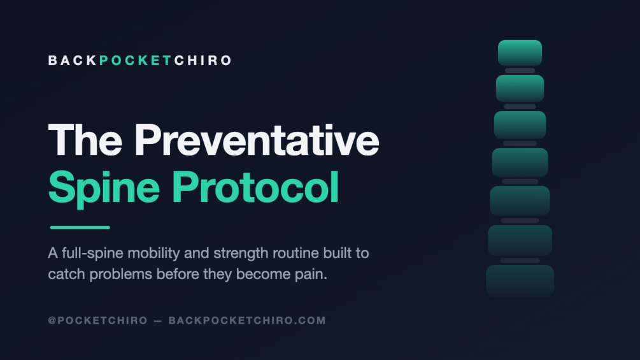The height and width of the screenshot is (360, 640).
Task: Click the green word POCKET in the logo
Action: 135,61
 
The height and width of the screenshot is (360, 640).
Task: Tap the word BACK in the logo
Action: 72,61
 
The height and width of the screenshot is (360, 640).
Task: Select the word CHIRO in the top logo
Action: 203,61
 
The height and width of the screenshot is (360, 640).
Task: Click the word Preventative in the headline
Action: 257,140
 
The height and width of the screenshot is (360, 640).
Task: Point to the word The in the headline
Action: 85,140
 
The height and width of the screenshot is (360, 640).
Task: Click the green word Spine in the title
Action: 104,188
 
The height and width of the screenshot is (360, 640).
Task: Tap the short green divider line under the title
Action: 80,227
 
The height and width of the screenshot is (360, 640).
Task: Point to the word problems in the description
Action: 121,274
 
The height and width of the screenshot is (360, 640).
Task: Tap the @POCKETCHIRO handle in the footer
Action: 98,320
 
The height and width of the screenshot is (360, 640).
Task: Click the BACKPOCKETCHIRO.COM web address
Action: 247,320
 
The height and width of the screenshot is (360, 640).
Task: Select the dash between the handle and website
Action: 158,321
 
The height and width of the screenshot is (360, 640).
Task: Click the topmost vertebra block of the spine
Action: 520,53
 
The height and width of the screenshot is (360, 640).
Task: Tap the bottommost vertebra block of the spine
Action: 520,280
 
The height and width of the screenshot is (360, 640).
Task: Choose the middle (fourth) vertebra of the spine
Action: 520,162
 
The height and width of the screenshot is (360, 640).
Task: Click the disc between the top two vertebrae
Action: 520,71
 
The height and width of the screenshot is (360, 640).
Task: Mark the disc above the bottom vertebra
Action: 520,261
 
